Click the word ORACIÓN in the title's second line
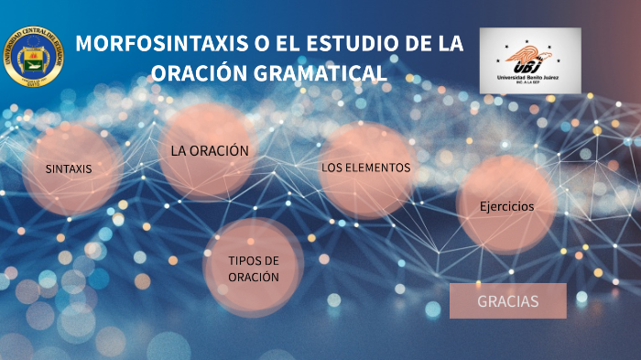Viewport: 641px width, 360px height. point(193,71)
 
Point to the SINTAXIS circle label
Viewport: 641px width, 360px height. point(70,169)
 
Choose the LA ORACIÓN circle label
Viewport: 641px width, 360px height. point(210,150)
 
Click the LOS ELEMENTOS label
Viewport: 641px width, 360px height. point(365,168)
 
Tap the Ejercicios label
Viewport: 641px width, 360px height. point(506,206)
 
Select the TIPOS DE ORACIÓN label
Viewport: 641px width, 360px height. point(254,269)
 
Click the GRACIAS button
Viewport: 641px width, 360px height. point(508,301)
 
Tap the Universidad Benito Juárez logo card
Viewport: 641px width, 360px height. point(529,60)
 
